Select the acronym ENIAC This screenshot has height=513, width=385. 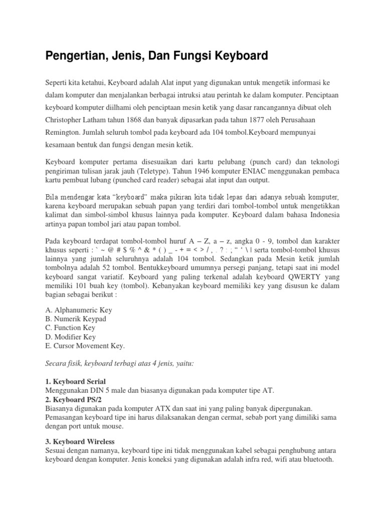click(270, 171)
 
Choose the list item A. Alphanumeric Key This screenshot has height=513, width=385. click(79, 310)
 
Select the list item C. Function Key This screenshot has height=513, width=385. click(70, 328)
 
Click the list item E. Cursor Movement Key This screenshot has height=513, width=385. click(85, 346)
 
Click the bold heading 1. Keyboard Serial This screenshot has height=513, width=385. click(75, 382)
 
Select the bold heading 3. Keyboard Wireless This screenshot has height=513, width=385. click(80, 441)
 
